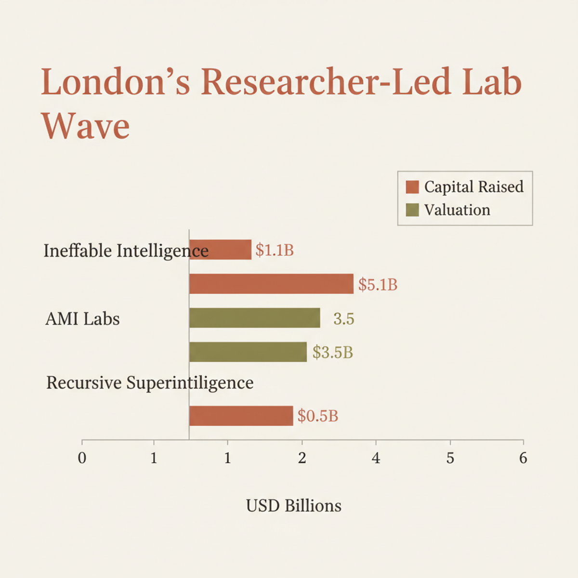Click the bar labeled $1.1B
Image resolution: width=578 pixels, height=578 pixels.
pos(220,250)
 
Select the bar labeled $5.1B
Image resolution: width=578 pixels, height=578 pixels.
pos(271,284)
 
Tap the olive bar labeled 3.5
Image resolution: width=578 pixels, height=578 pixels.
pos(254,318)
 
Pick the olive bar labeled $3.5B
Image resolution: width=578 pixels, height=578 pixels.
pos(248,352)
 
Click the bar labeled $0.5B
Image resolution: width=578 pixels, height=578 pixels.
pos(241,416)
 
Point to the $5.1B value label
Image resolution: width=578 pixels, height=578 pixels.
pos(378,285)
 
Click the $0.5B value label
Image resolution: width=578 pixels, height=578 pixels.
pos(317,416)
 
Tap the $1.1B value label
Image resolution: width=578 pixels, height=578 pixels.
pos(274,250)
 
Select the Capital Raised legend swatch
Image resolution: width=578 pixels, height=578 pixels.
pos(412,187)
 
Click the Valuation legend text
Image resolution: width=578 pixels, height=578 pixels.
pos(457,210)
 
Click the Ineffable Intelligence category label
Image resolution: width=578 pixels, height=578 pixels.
pos(126,250)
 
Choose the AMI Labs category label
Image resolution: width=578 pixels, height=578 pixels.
pos(82,319)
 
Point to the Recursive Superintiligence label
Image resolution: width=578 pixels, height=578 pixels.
pos(150,383)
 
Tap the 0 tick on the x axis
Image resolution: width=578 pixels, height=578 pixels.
pos(82,458)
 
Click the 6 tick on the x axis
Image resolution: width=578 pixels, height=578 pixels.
pos(523,458)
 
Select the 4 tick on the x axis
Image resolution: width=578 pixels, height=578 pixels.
pos(376,458)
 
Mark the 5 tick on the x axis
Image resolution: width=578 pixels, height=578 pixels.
pos(450,458)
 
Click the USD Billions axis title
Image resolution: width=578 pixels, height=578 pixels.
pos(293,506)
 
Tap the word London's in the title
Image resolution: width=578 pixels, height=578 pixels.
pos(116,82)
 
